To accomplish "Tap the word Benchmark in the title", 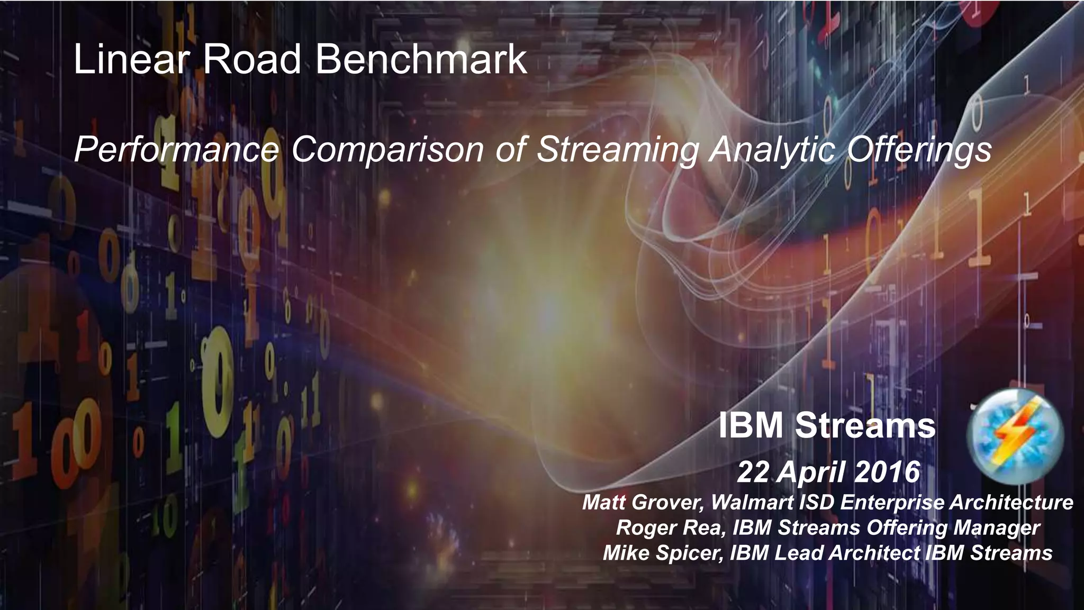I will tap(421, 59).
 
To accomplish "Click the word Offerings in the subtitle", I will tap(919, 150).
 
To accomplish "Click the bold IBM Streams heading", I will tap(827, 426).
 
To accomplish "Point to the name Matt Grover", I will tap(643, 502).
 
